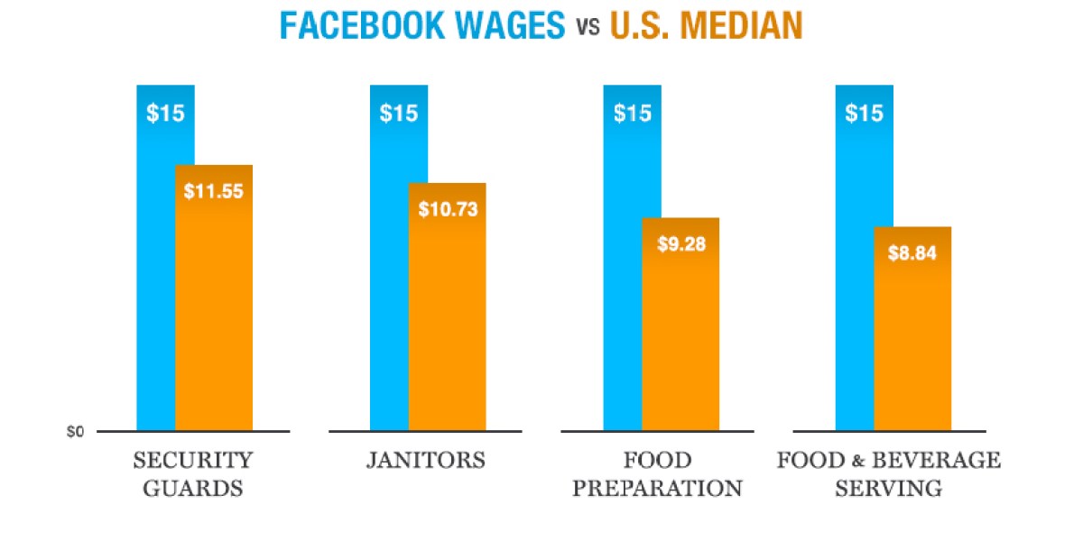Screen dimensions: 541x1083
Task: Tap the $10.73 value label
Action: (x=448, y=209)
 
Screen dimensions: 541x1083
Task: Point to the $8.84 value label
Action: (x=912, y=252)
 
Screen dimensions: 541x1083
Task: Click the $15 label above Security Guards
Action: (x=165, y=115)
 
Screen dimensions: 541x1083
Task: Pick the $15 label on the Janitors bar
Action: (x=398, y=115)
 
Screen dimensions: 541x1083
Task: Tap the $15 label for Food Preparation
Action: (x=632, y=115)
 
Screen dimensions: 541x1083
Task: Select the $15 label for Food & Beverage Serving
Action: (x=864, y=115)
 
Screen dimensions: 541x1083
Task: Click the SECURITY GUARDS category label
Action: (x=192, y=474)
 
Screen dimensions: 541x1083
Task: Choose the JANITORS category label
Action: (x=425, y=461)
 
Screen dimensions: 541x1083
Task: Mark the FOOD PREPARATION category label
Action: (x=658, y=474)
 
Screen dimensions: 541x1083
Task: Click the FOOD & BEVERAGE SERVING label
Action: (x=889, y=474)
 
